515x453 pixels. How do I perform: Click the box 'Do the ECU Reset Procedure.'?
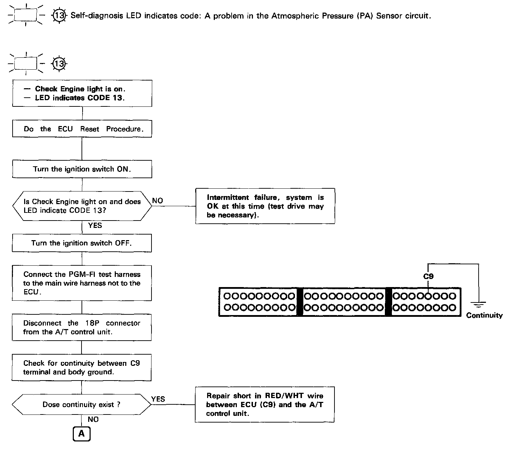[82, 129]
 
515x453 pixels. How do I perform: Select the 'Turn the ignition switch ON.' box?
[82, 169]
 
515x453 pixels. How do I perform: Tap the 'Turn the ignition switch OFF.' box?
[82, 243]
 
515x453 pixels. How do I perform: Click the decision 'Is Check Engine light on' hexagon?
[82, 206]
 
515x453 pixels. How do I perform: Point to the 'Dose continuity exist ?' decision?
[82, 404]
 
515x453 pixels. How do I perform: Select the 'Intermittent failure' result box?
[265, 206]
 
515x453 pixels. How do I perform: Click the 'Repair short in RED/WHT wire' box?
[264, 404]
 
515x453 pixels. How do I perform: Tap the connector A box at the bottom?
[82, 434]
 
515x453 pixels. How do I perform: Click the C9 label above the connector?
[428, 276]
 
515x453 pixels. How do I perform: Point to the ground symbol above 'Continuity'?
[478, 304]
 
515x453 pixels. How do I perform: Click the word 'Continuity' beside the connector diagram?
[484, 315]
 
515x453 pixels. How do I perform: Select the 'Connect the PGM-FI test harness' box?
[82, 283]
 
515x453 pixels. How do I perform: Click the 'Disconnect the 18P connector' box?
[82, 327]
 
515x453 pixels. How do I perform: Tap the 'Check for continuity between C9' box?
[82, 367]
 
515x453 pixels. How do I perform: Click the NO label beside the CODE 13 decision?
[158, 201]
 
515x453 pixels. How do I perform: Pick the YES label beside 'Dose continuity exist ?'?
[158, 399]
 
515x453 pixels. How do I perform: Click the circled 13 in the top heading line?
[59, 16]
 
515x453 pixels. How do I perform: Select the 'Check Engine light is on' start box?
[82, 93]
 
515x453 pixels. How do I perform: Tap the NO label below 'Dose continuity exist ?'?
[93, 419]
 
